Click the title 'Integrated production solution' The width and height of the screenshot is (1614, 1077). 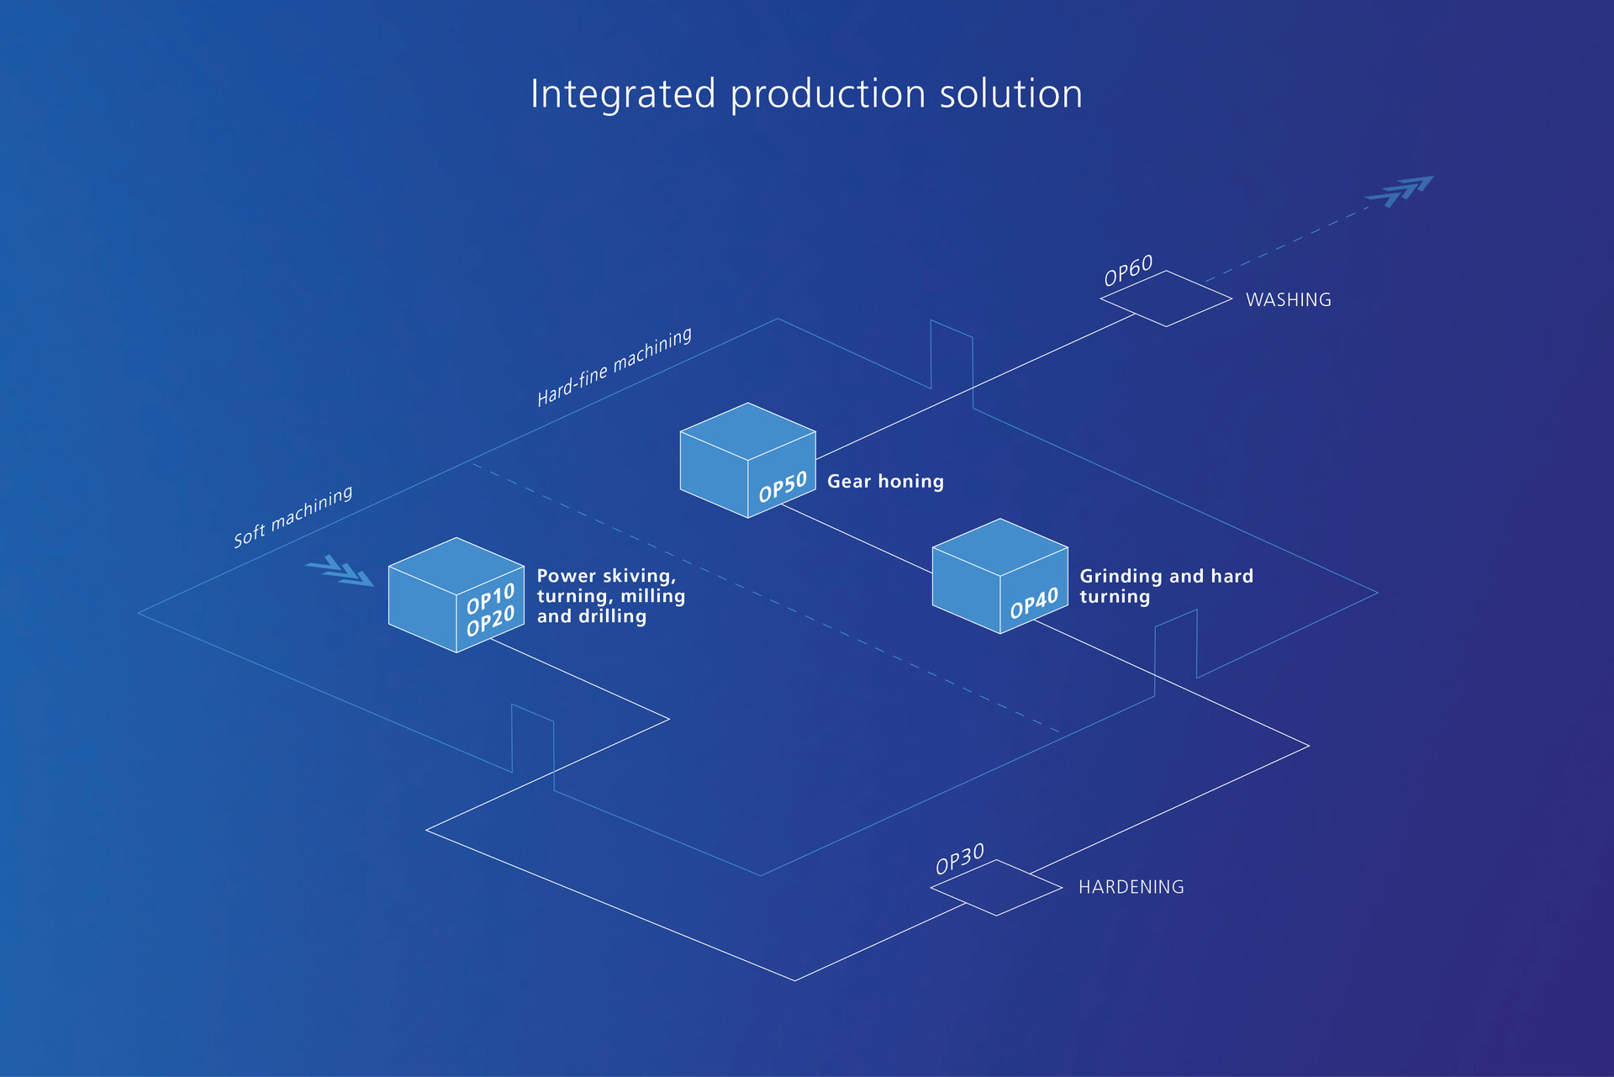(x=806, y=94)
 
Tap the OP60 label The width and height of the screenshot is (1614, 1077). (x=1128, y=271)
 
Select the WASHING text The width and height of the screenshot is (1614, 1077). (x=1288, y=300)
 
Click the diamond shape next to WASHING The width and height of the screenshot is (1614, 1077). (x=1166, y=298)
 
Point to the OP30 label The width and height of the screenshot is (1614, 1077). (x=959, y=859)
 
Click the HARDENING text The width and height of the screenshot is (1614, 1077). (x=1131, y=887)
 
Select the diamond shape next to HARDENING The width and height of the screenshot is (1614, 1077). (x=996, y=887)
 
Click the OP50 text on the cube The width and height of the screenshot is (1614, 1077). (x=782, y=487)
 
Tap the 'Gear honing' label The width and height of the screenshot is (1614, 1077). (x=885, y=482)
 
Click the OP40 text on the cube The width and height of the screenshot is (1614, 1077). (x=1033, y=604)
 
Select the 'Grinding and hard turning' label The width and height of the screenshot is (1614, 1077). (x=1165, y=586)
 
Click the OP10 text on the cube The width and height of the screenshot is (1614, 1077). (x=490, y=599)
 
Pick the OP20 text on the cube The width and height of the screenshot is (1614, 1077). (x=490, y=622)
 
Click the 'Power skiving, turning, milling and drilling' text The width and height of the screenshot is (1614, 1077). (x=610, y=596)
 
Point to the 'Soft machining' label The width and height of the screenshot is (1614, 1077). (x=293, y=516)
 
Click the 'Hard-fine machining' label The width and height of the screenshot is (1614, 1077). (x=614, y=367)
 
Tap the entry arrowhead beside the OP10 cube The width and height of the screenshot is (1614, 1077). (x=340, y=570)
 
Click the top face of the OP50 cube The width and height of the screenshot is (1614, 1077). (x=747, y=431)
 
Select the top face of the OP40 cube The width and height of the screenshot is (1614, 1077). (x=1000, y=547)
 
